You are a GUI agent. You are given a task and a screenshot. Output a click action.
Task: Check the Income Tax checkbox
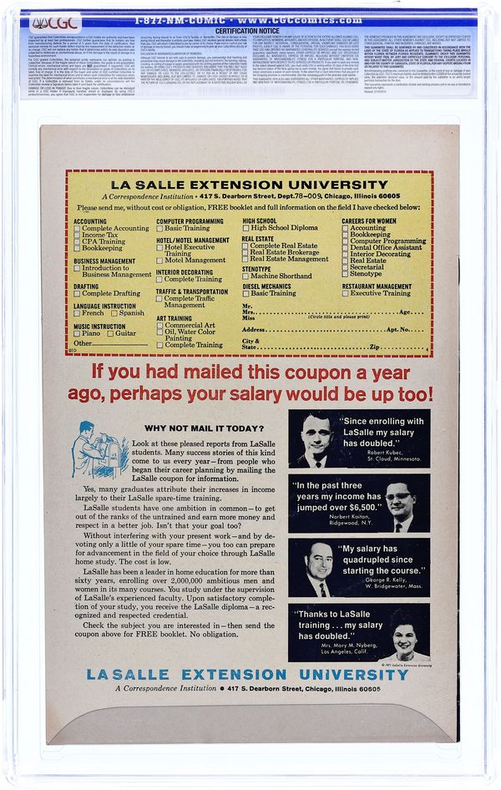tap(78, 235)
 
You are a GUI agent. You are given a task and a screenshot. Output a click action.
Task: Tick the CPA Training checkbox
tap(78, 241)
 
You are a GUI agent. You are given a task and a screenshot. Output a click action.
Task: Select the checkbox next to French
tap(78, 313)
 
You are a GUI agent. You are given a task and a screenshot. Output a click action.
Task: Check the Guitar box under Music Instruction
tap(109, 333)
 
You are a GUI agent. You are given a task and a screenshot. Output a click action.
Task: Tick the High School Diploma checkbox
tap(246, 228)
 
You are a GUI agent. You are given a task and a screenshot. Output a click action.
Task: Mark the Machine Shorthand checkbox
tap(246, 276)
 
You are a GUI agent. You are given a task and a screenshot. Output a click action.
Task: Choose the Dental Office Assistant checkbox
tap(346, 247)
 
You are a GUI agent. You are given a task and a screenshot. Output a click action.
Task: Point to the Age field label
tap(405, 311)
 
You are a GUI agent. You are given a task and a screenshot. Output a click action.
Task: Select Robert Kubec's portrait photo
tap(315, 438)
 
